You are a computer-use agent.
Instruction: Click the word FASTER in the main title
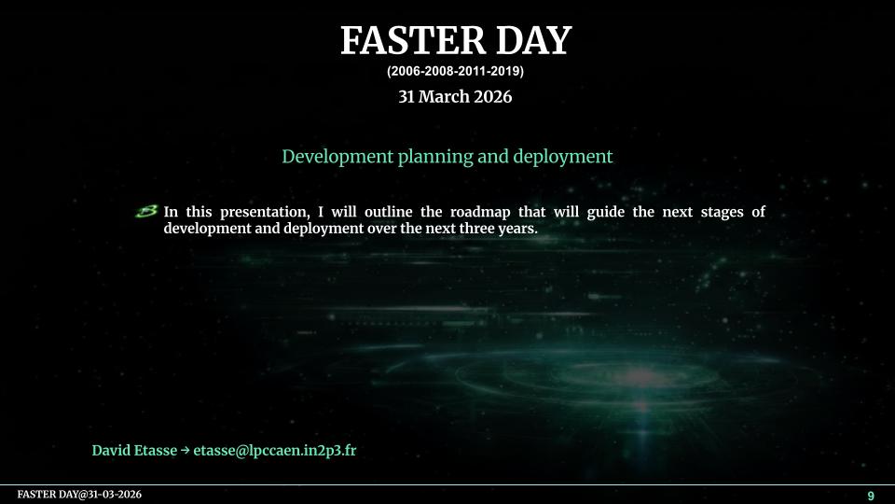click(411, 40)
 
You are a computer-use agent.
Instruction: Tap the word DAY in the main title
click(533, 40)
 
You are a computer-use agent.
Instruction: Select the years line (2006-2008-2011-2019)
click(455, 72)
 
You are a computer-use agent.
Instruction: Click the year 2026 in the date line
click(492, 96)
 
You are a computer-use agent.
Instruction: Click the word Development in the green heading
click(337, 157)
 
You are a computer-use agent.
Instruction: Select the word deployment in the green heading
click(563, 157)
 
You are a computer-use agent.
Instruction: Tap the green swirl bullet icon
click(146, 212)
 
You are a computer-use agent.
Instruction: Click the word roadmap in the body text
click(480, 212)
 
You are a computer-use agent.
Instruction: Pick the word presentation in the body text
click(265, 213)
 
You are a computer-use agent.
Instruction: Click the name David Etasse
click(134, 450)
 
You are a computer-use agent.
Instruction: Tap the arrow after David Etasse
click(185, 450)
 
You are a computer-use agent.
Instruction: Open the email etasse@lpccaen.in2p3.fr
click(274, 450)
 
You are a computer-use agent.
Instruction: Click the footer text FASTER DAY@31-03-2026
click(79, 495)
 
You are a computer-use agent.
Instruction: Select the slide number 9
click(871, 496)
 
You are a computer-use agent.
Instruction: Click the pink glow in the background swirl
click(640, 377)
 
